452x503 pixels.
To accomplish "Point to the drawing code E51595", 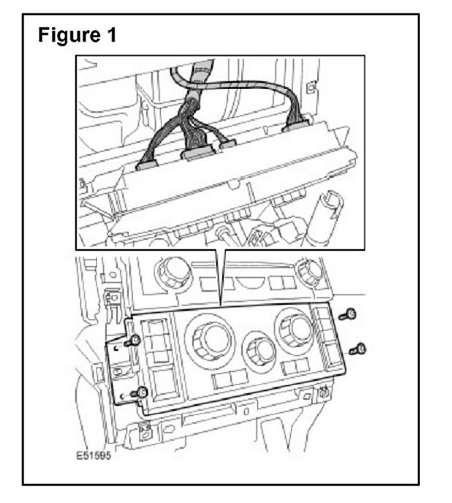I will pos(93,456).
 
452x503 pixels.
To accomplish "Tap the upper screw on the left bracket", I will pos(133,340).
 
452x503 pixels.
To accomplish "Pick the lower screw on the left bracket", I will pos(140,392).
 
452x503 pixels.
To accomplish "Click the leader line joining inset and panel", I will pos(220,275).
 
